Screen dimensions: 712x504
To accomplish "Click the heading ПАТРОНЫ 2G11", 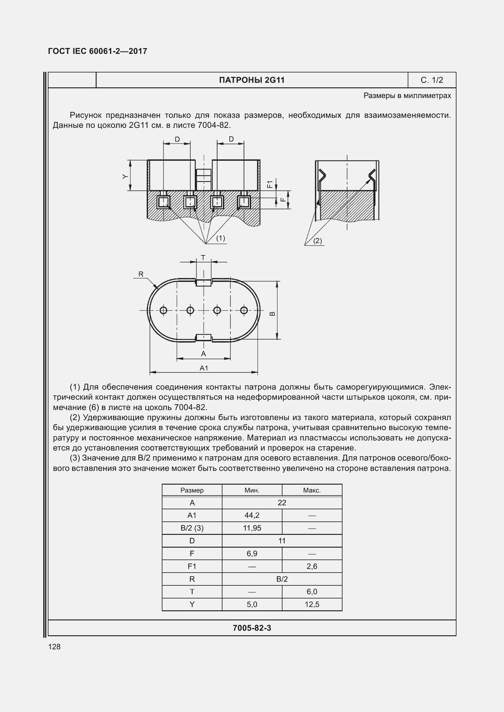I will (x=252, y=80).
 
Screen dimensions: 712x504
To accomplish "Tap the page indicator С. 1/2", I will (x=432, y=80).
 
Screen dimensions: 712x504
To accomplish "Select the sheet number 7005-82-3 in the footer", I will (x=252, y=628).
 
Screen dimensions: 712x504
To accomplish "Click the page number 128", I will (x=54, y=647).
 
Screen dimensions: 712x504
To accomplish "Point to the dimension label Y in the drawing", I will (x=125, y=176).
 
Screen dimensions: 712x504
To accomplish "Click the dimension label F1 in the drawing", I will (x=270, y=184).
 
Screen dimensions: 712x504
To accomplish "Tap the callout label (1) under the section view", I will (x=220, y=238).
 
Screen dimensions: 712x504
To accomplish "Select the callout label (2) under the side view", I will (x=317, y=241).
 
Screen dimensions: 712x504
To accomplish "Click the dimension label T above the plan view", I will (x=203, y=258).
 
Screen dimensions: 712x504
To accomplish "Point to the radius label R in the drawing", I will (x=141, y=274).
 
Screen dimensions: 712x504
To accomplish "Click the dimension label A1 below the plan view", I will (x=204, y=368).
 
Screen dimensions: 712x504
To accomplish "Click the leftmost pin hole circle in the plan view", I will (x=163, y=310).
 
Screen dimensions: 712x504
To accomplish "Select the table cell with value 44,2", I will (x=252, y=515).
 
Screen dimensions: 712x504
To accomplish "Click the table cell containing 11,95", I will (x=252, y=528).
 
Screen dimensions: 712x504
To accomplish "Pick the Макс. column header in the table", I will (x=312, y=490).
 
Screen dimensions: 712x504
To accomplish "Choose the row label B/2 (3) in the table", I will (x=192, y=528).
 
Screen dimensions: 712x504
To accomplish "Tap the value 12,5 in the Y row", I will (x=312, y=604).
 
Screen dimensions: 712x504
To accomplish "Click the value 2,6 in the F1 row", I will (x=312, y=566).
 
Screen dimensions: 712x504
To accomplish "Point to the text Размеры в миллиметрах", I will (x=407, y=96).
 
